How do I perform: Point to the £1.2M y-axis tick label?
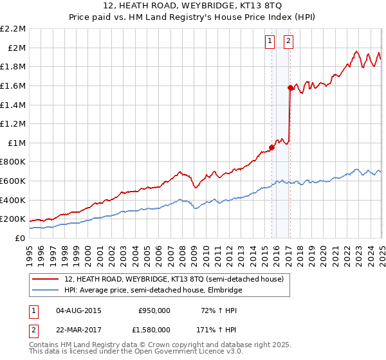(x=14, y=123)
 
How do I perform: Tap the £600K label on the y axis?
(x=14, y=181)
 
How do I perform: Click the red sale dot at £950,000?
(x=271, y=147)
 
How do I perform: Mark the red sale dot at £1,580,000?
(x=290, y=87)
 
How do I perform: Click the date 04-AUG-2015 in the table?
(x=79, y=310)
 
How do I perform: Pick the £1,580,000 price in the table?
(x=154, y=332)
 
